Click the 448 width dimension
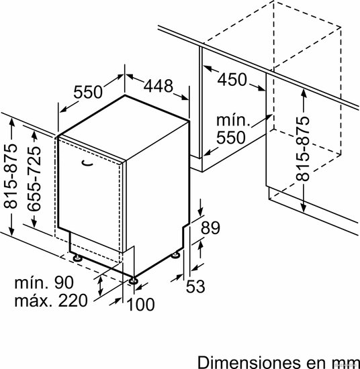click(x=159, y=86)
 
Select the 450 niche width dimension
click(x=232, y=80)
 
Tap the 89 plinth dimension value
click(x=210, y=227)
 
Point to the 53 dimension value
click(x=195, y=286)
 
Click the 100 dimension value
click(x=140, y=305)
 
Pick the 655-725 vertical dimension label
click(x=34, y=178)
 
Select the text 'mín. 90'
click(x=44, y=282)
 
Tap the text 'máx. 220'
click(x=51, y=301)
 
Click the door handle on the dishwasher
click(x=87, y=163)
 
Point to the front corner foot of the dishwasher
click(x=134, y=280)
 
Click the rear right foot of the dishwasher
click(x=175, y=255)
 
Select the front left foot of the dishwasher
click(x=77, y=258)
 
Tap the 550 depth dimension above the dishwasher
click(x=88, y=92)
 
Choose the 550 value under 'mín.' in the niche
click(x=231, y=138)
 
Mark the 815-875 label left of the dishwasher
click(x=11, y=176)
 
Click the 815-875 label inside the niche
click(x=302, y=149)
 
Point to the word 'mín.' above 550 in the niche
click(x=233, y=120)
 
